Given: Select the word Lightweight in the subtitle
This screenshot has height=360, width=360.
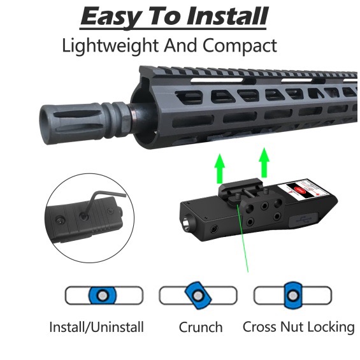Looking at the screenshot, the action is coord(110,46).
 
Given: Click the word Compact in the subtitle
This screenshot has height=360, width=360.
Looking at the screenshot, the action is coord(240,46).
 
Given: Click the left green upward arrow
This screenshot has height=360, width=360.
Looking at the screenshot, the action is coord(220,169).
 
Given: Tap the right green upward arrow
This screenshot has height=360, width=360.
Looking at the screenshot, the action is coord(264,163).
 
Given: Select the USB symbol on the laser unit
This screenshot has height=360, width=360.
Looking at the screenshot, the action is coord(303,219).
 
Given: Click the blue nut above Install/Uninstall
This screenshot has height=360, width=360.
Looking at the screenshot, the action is coord(103,295).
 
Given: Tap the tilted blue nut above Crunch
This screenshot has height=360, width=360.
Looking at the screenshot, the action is coord(198,295).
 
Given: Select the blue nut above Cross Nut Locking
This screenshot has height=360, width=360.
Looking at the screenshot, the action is coord(292,295).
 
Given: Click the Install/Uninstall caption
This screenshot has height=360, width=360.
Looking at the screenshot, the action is coord(96,327).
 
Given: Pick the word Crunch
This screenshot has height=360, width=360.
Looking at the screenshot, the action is coord(201,327).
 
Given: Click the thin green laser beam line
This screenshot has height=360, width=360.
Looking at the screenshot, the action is coord(243,239).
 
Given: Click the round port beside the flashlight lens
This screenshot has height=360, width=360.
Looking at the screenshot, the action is coord(215,229).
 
